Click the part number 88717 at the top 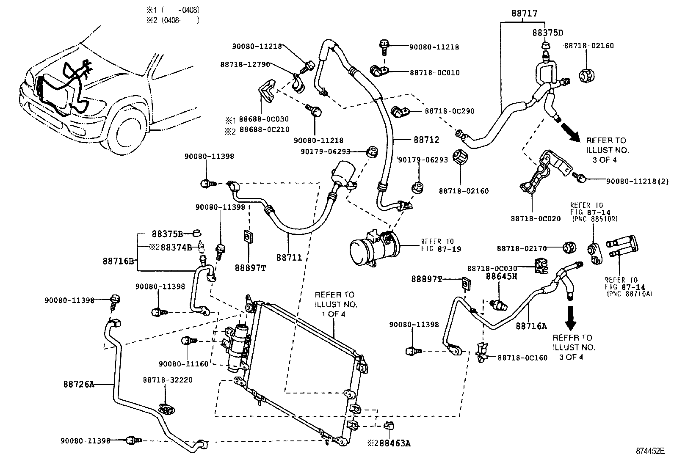click(x=524, y=14)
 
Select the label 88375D click(x=547, y=33)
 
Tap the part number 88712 click(x=426, y=140)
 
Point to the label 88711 click(x=289, y=257)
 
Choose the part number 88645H click(x=502, y=276)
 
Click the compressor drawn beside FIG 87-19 click(x=373, y=247)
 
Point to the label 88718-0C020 click(x=535, y=219)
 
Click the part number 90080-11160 click(x=184, y=363)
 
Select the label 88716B click(x=119, y=261)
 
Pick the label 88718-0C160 click(x=522, y=358)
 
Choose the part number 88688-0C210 click(x=264, y=129)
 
